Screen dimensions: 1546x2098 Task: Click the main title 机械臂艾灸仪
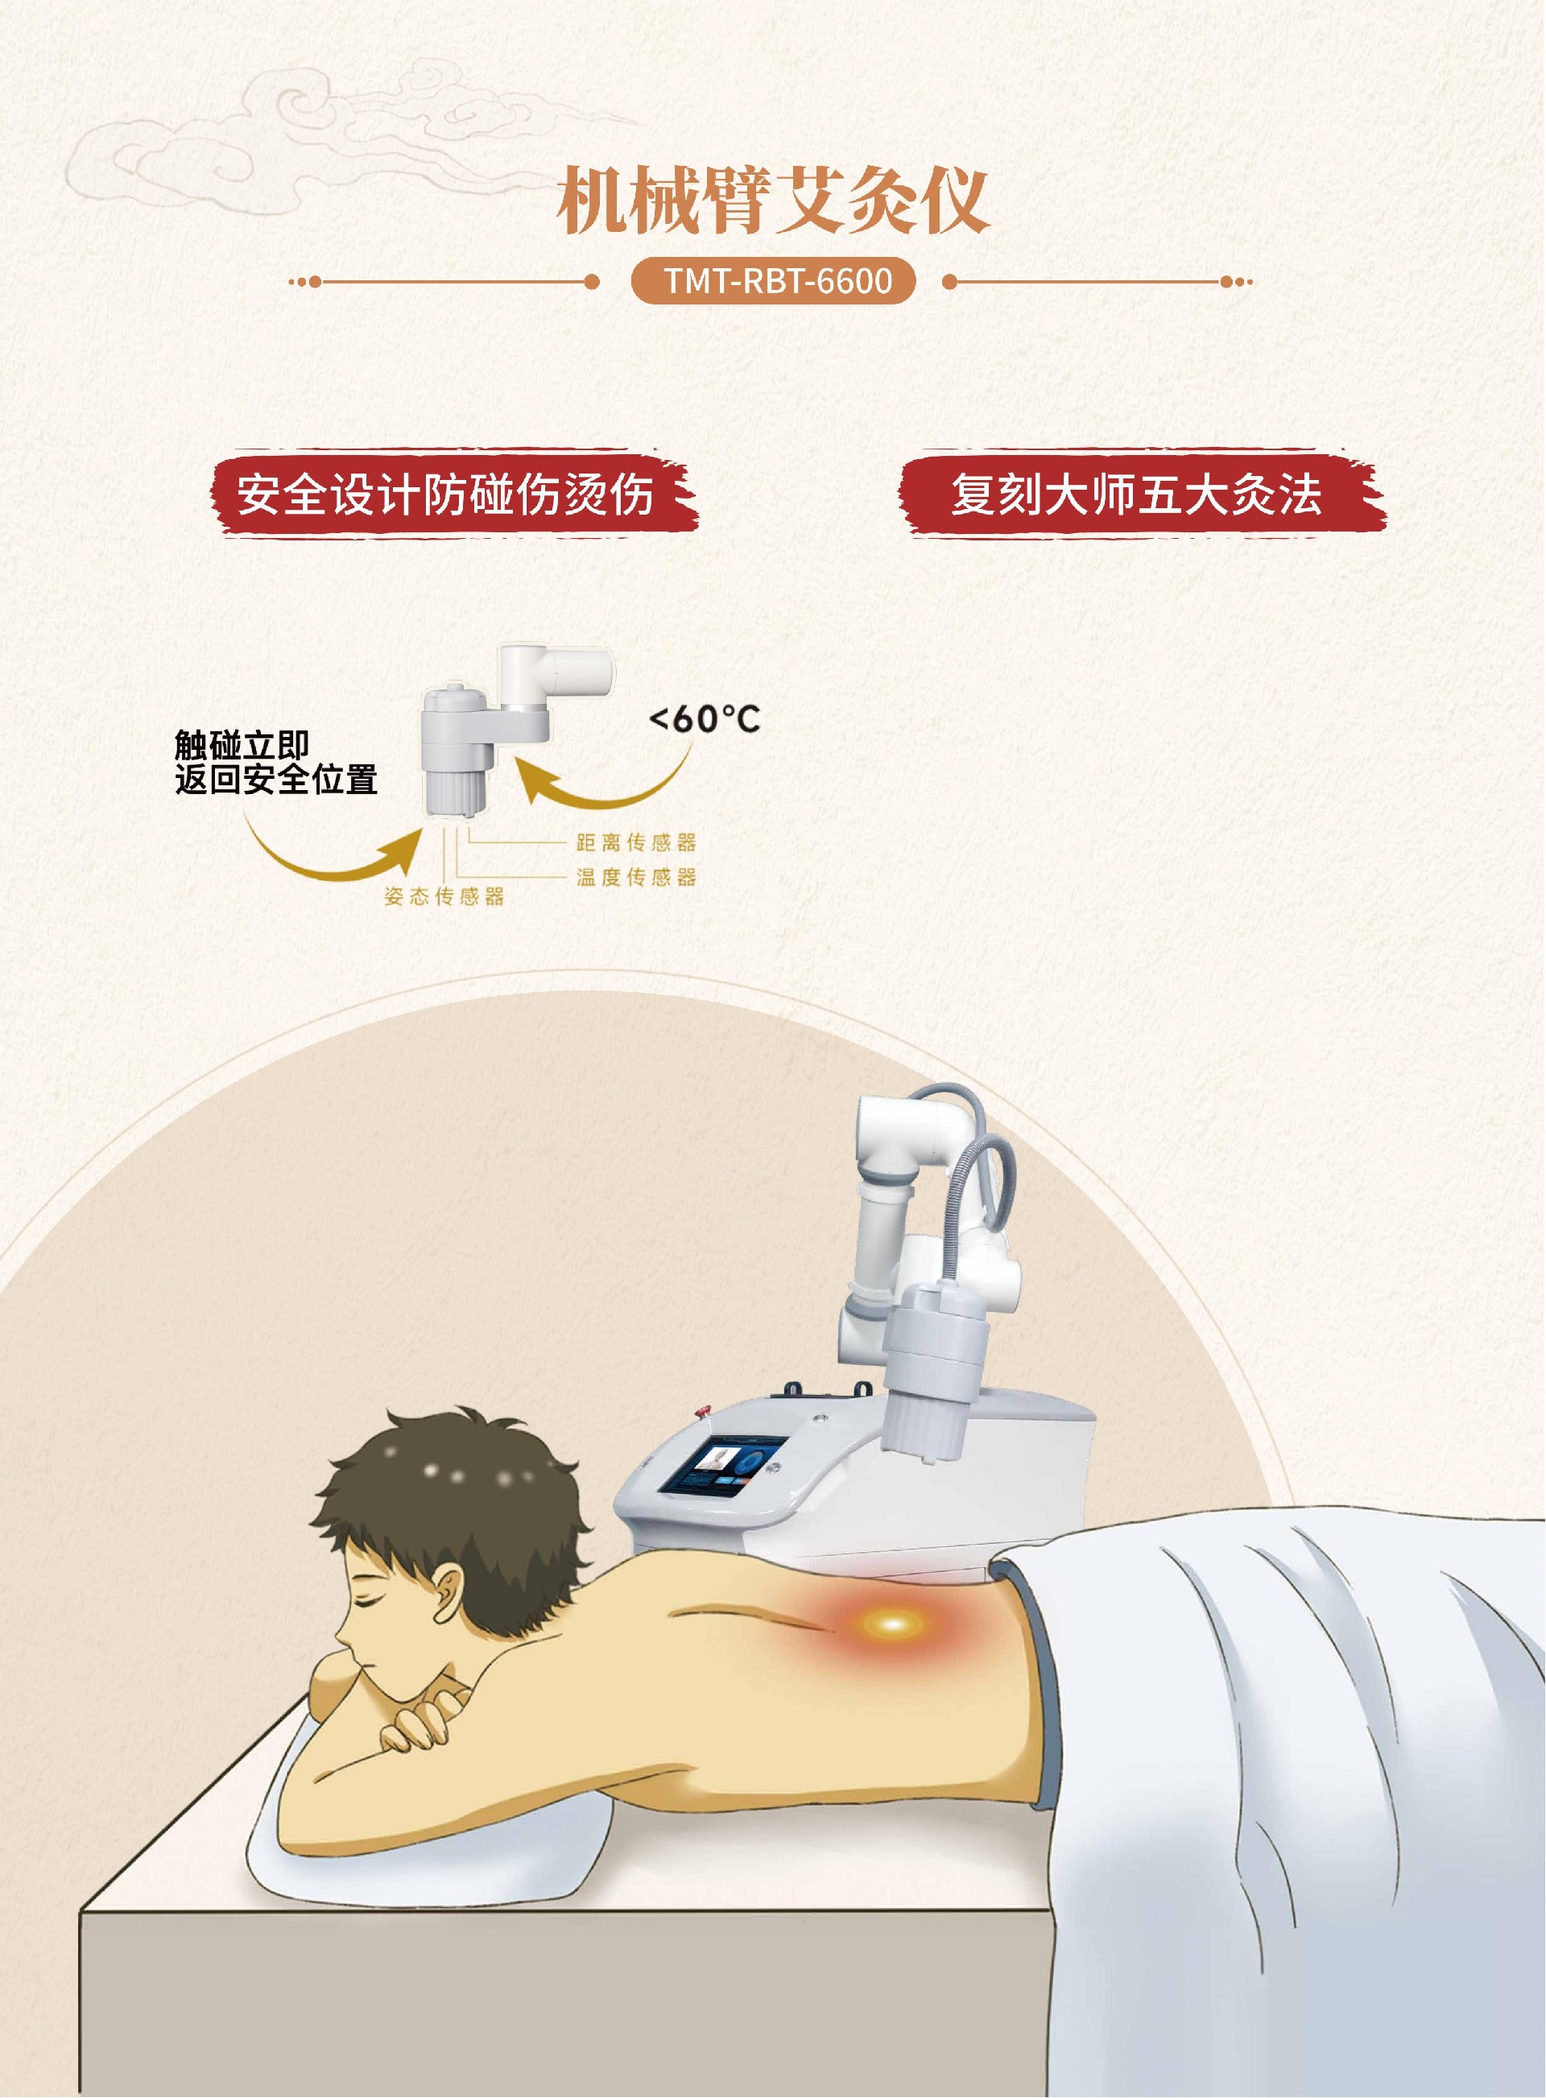point(773,201)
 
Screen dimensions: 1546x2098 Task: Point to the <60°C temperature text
point(705,718)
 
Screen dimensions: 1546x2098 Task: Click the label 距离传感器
point(636,842)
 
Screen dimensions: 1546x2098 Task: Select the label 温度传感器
point(636,877)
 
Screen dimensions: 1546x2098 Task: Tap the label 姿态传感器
point(444,896)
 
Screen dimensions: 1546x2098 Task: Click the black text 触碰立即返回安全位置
point(276,763)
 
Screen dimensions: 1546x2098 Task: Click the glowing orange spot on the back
point(892,1624)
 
